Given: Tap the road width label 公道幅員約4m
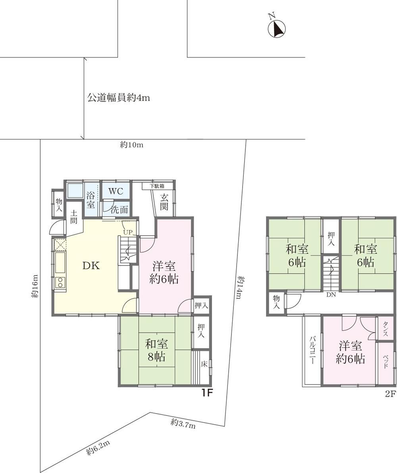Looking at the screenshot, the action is (x=118, y=98).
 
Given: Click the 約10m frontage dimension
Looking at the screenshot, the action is (x=132, y=145).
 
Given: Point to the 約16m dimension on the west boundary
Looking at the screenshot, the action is (x=35, y=286).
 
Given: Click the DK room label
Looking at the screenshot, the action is (x=91, y=266).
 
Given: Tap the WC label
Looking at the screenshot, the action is (x=116, y=191).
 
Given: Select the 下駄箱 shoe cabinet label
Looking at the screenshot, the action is (x=158, y=186).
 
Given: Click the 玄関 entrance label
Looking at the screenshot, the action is (x=164, y=202).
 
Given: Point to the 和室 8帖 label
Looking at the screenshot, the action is (x=156, y=350).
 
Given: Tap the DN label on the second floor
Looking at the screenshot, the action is (x=331, y=295).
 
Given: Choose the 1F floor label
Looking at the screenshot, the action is (x=208, y=393).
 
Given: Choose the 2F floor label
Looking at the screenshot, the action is (x=390, y=394).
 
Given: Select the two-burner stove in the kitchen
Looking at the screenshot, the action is (x=60, y=283).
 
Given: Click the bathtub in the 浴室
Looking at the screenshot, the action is (x=75, y=190).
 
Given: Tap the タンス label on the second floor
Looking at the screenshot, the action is (x=385, y=329).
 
